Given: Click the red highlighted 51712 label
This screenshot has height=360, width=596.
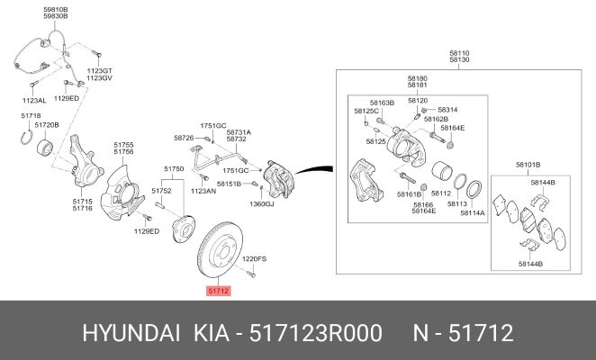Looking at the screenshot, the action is point(219,291).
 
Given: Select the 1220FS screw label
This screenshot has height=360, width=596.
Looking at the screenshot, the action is point(254,259).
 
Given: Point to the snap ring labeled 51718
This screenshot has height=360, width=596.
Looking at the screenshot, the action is point(26,137).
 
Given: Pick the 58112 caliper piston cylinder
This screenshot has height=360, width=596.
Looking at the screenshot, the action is point(441,172).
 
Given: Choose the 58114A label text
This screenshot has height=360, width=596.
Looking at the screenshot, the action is point(473,213).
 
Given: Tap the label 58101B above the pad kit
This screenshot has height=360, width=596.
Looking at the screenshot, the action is point(528,165).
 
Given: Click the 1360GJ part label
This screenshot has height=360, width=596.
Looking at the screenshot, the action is point(261,203).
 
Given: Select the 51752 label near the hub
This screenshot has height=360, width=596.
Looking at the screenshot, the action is point(161,191).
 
